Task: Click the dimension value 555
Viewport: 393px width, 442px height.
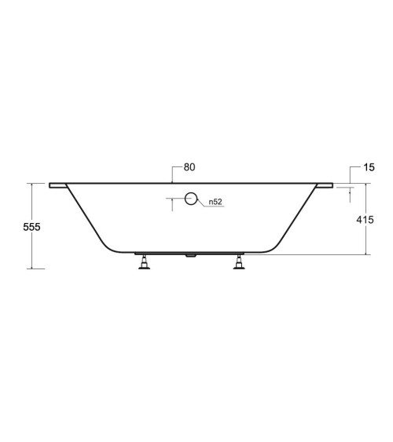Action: [31, 227]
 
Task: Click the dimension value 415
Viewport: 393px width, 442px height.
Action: [365, 220]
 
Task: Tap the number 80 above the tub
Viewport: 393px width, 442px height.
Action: [189, 167]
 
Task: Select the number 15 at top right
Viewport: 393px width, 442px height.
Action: [369, 167]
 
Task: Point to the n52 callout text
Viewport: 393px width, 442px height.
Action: [215, 202]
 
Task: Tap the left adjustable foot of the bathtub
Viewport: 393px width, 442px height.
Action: [144, 262]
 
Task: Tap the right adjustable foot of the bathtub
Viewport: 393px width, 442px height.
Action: [239, 262]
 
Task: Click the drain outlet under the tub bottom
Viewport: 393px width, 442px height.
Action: [190, 256]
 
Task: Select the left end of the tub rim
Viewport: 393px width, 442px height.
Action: [50, 185]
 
